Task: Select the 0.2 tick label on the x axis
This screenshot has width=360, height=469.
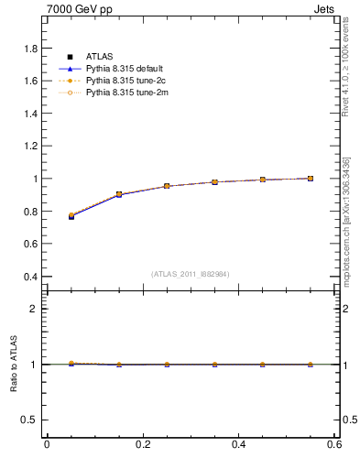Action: click(142, 445)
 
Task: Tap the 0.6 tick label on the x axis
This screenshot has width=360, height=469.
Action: click(333, 445)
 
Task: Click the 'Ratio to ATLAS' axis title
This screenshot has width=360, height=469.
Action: click(14, 364)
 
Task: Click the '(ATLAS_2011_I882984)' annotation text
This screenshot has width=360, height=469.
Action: click(191, 274)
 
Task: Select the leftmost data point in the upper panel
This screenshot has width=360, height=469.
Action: click(71, 216)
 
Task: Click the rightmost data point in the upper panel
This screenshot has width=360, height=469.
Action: click(311, 178)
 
